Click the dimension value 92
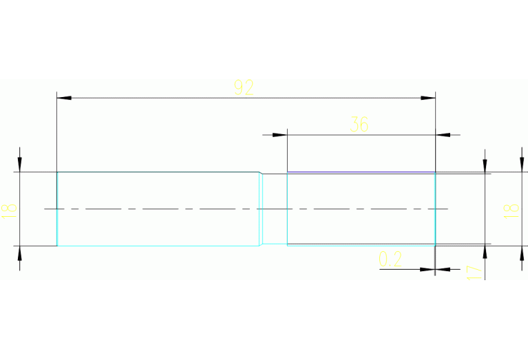244,87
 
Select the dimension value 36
359,125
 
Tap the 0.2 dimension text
390,259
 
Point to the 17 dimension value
474,273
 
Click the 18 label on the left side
10,211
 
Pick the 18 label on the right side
511,211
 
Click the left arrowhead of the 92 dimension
64,98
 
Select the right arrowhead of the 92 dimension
428,98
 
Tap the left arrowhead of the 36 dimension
279,135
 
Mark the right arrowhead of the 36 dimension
443,135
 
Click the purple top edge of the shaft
361,172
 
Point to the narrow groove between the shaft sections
275,209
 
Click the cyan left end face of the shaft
57,209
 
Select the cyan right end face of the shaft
435,209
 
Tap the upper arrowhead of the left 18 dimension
19,165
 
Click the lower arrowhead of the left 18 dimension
19,253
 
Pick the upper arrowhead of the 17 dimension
485,167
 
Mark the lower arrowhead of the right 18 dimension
522,253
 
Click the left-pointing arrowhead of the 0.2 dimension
443,269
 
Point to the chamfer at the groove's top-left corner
261,173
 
